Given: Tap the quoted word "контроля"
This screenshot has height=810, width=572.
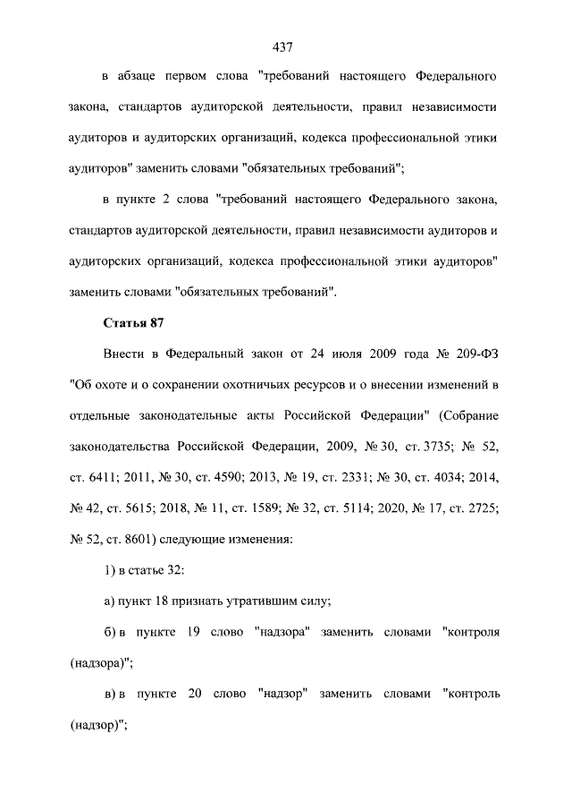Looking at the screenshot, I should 470,632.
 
